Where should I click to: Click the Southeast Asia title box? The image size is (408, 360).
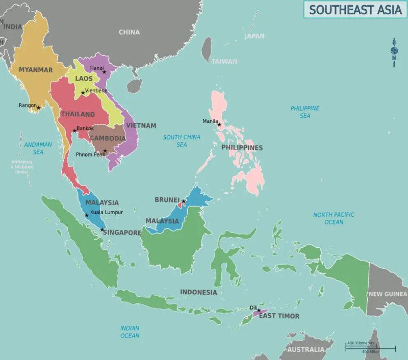(x=355, y=9)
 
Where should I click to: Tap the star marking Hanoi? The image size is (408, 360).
(x=105, y=72)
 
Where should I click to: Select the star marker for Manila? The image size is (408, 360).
(x=219, y=124)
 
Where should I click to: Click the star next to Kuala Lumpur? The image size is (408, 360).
(x=86, y=215)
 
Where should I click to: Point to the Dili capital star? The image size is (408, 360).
(x=259, y=311)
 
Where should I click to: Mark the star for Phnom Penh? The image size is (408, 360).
(x=105, y=151)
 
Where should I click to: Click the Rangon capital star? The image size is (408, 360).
(x=38, y=108)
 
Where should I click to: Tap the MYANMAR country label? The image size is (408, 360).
(x=36, y=70)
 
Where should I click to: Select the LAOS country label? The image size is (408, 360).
(x=84, y=79)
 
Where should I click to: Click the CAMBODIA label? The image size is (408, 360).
(x=108, y=138)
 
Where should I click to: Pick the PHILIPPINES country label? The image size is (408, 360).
(x=242, y=148)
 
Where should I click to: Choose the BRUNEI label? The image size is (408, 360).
(x=167, y=200)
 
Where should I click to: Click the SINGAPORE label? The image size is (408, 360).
(x=122, y=233)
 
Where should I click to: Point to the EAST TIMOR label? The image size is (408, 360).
(x=279, y=316)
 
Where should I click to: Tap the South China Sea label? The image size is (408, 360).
(x=182, y=141)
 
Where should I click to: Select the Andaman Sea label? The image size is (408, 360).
(x=38, y=148)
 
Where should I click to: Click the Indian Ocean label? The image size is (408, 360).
(x=130, y=332)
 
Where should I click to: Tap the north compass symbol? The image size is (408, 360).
(x=394, y=50)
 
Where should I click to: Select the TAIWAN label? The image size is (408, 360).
(x=224, y=62)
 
